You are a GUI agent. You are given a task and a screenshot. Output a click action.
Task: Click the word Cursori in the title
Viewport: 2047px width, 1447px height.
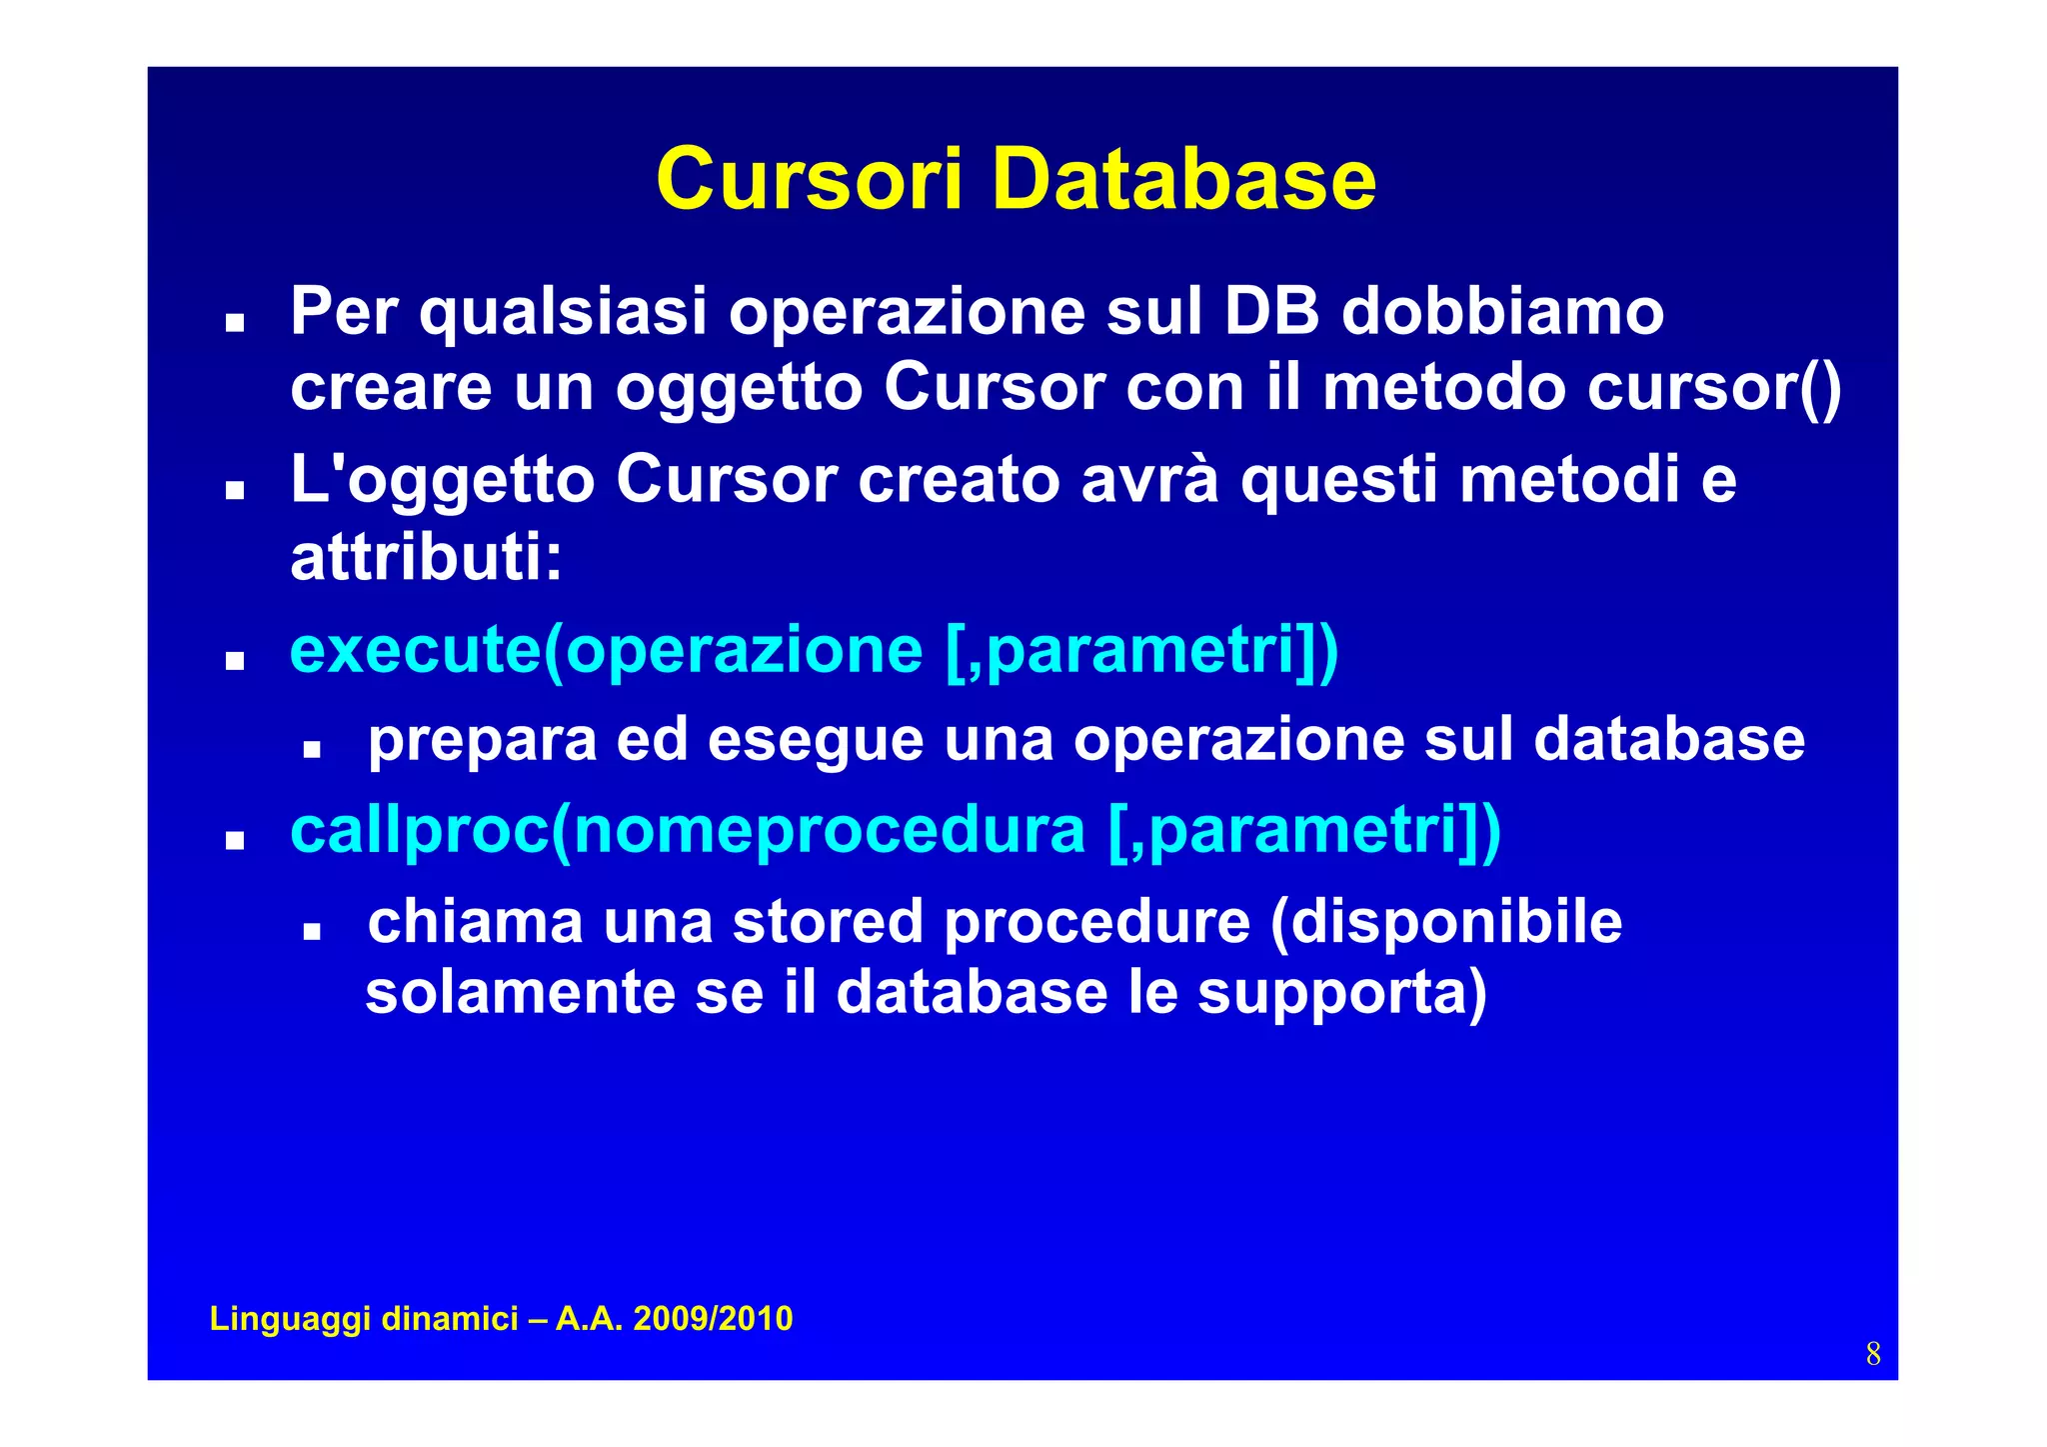coord(809,180)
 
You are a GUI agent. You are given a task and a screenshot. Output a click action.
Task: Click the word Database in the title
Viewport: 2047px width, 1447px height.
coord(1183,180)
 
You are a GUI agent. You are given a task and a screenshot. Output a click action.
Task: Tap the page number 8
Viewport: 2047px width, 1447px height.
coord(1872,1354)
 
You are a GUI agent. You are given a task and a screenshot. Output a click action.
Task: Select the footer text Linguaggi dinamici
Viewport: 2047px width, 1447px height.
coord(364,1318)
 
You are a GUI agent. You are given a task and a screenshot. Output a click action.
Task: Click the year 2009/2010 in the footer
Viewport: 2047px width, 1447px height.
coord(713,1318)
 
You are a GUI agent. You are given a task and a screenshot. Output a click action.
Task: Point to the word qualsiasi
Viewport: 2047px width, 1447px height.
coord(563,312)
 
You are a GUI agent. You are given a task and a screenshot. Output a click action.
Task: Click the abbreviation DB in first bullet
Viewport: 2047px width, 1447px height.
coord(1271,311)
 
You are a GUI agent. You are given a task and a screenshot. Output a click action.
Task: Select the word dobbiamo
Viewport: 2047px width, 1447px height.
coord(1502,311)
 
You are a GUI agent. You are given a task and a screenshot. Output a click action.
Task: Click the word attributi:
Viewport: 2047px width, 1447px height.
coord(427,557)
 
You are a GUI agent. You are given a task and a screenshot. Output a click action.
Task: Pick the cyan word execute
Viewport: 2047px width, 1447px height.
coord(415,650)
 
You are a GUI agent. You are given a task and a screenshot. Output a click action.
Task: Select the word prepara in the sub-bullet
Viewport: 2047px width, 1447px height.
coord(482,741)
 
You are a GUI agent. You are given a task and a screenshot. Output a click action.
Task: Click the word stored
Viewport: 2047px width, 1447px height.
coord(828,921)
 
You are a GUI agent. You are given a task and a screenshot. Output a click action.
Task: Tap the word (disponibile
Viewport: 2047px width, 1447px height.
coord(1445,921)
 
